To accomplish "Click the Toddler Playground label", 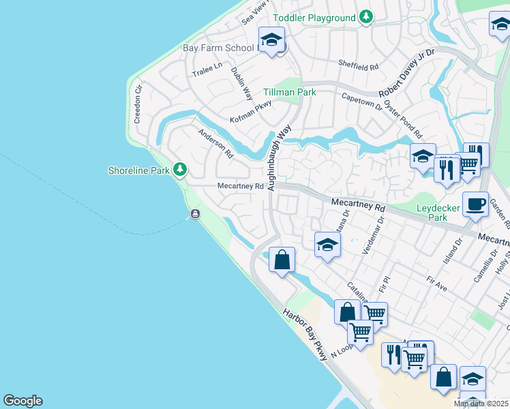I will coord(314,18).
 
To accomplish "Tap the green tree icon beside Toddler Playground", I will coord(366,16).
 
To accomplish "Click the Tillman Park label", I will coord(290,92).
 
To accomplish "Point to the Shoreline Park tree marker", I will coord(180,168).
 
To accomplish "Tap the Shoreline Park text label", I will coord(138,171).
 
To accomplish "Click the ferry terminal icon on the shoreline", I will coord(196,215).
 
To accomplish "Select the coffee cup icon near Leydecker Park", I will coord(475,204).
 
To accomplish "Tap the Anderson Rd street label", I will coord(215,144).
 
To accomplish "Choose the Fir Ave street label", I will coord(436,284).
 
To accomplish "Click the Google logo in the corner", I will coord(22,401).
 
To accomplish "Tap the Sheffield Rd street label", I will coord(358,66).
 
